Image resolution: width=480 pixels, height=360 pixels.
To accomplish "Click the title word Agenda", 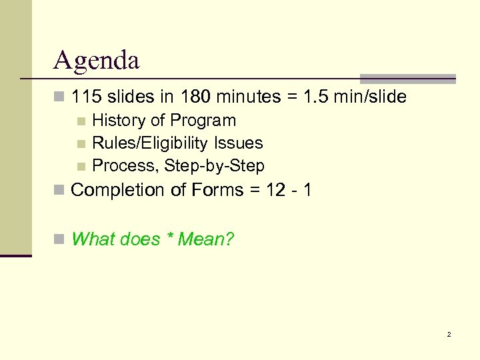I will coord(97,61).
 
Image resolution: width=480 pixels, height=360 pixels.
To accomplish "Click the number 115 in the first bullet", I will coord(85,97).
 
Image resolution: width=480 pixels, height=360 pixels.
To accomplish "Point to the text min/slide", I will coord(370,97).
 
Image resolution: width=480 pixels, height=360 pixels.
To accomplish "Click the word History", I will coord(118,121).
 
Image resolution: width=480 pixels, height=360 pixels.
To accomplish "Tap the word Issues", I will coord(245,143).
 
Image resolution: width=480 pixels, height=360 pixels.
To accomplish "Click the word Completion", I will coord(118,191).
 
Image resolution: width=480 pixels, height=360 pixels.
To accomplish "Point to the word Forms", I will coord(213,191).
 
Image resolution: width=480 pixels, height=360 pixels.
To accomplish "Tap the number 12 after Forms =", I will coord(275,191).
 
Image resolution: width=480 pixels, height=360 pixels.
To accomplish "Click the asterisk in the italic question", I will coord(171,237).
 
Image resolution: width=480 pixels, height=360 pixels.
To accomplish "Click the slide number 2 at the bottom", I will coord(449,334).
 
